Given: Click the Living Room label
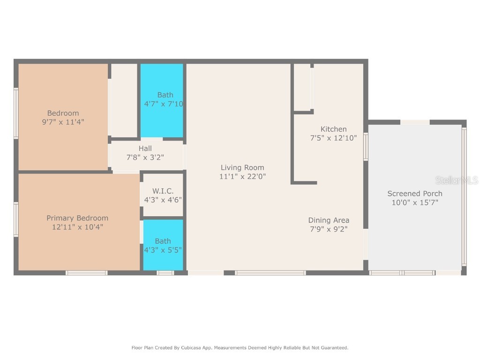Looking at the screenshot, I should (x=242, y=167).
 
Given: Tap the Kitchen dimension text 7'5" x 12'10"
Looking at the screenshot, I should (x=333, y=138).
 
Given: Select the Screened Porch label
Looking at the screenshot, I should (x=414, y=194).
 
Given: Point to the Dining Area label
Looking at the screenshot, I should (x=328, y=220).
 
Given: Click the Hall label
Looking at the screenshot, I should (x=145, y=149).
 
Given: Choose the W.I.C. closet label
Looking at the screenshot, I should (x=163, y=191).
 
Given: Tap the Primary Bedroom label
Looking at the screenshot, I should (x=77, y=218).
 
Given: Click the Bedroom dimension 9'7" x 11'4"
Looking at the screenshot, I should (x=63, y=122).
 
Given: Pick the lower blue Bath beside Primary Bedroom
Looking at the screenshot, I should (x=163, y=245).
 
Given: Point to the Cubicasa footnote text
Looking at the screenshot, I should (x=240, y=348).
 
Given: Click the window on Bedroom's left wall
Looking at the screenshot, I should (x=16, y=113).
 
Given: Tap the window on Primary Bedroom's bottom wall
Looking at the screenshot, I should (x=86, y=273).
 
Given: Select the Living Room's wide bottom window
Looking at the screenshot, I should (x=270, y=273).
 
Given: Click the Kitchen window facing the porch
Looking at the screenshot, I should (x=366, y=147).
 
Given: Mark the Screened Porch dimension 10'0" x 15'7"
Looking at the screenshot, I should (x=414, y=202).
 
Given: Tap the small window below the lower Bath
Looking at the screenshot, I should (x=165, y=273).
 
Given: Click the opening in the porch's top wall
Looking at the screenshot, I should (x=415, y=122).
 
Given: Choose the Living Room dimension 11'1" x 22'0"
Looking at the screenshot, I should (x=242, y=177).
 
